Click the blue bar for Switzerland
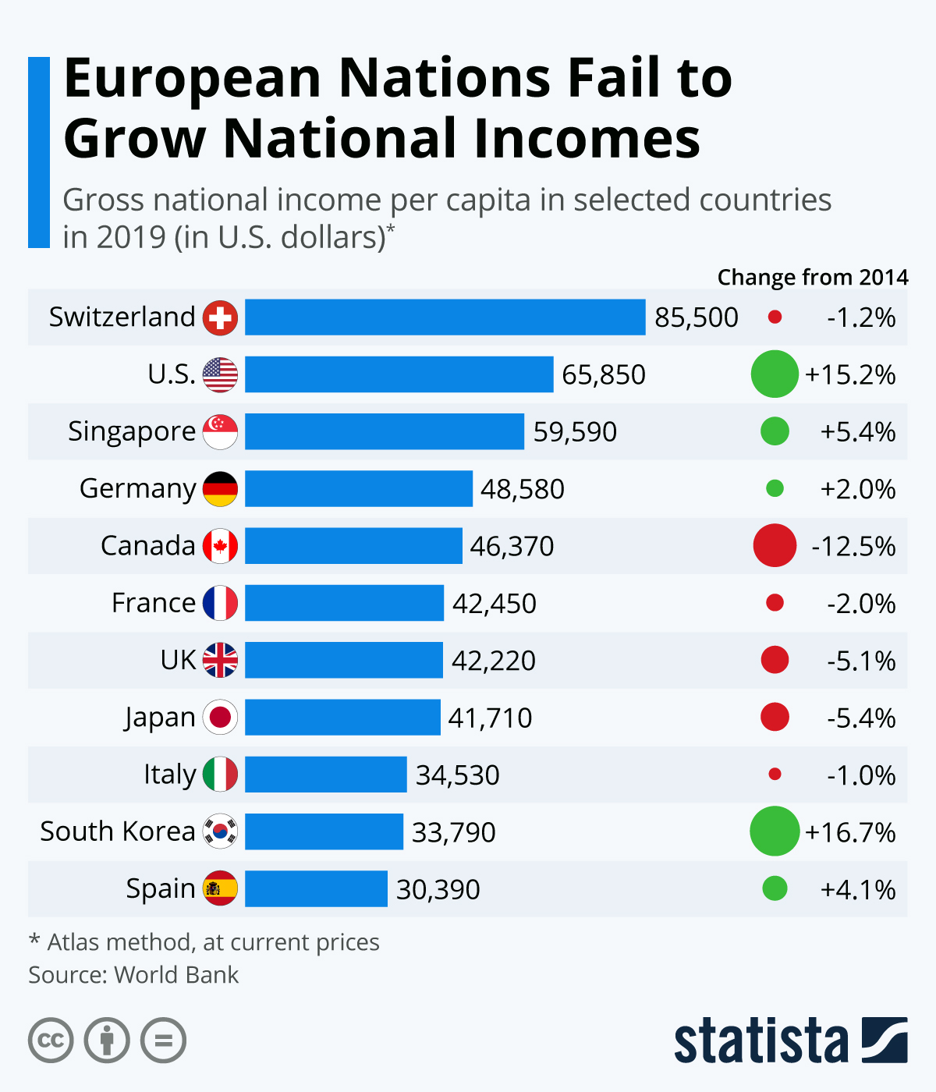445,317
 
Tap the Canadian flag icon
220,546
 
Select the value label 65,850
604,375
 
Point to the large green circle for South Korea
775,831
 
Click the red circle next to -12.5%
775,546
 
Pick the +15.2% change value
850,375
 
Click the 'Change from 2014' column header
812,278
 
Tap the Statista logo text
761,1041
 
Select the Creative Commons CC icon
51,1041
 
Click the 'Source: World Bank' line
133,975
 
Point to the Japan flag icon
220,718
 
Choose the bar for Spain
316,888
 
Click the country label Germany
137,489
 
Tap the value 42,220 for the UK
494,661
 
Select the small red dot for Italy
775,775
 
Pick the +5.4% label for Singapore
857,432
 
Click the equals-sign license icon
164,1041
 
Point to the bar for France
344,603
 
